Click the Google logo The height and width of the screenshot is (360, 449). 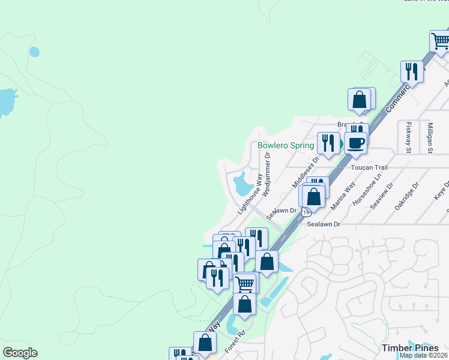pos(20,353)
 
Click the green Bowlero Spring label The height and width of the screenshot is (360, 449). pos(285,145)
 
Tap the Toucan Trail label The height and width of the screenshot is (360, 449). pos(370,167)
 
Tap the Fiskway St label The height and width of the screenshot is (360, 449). pos(408,137)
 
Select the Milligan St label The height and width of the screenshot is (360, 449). pos(430,137)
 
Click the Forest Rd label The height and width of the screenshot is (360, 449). pos(236,341)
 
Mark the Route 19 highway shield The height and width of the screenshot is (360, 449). pos(306,212)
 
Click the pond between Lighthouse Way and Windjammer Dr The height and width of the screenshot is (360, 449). pos(244,183)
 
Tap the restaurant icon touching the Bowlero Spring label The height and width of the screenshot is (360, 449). pos(328,143)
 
